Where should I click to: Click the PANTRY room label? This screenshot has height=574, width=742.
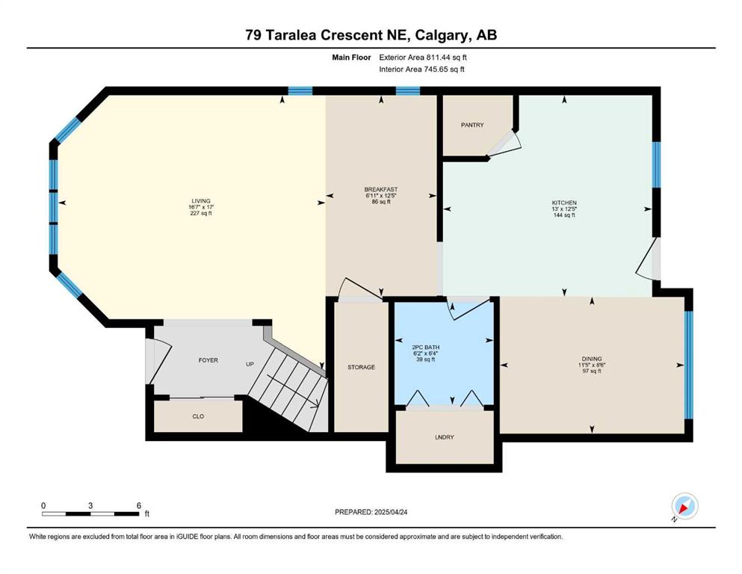472,125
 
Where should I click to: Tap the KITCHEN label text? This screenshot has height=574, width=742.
565,203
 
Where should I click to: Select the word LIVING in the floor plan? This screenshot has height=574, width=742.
201,201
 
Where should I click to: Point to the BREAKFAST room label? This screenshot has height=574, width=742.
381,189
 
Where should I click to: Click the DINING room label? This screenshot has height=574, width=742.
592,359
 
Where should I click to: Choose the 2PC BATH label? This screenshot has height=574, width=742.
426,348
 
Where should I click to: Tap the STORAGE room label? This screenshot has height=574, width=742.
361,367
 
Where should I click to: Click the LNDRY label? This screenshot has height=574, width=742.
445,437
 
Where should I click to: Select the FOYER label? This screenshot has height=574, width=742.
208,360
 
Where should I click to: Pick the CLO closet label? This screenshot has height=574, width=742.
198,416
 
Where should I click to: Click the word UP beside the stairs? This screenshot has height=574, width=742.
250,365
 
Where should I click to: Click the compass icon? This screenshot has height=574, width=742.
684,506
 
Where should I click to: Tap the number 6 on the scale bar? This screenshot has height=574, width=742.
139,505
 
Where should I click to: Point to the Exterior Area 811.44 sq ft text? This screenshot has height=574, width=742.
423,58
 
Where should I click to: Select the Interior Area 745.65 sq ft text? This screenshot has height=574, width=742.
421,69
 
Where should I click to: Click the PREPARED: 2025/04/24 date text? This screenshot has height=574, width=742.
371,512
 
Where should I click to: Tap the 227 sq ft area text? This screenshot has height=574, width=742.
201,214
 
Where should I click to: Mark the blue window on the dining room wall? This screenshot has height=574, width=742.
689,365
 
